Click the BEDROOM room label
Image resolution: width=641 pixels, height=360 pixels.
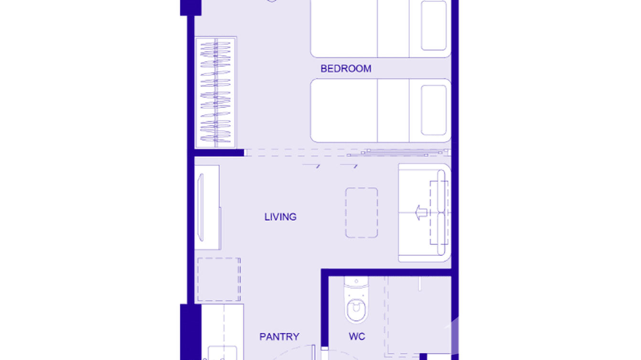coord(346,69)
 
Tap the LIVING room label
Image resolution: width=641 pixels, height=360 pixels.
coord(280,217)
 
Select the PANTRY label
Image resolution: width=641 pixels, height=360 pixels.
coord(279,337)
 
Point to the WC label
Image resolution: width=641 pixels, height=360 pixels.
coord(357,337)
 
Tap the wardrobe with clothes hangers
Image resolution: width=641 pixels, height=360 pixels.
coord(216,92)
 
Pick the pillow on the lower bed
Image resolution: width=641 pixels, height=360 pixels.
coord(434,110)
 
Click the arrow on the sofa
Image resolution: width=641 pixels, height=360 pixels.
coord(420,212)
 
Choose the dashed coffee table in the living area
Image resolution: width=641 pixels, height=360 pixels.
coord(362,212)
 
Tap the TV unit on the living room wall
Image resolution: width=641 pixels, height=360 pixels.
coord(207,207)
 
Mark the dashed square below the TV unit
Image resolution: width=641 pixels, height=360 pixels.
coord(219,279)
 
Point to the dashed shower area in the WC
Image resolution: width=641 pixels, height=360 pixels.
coord(418,315)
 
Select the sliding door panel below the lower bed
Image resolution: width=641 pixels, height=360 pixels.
coord(396,153)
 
